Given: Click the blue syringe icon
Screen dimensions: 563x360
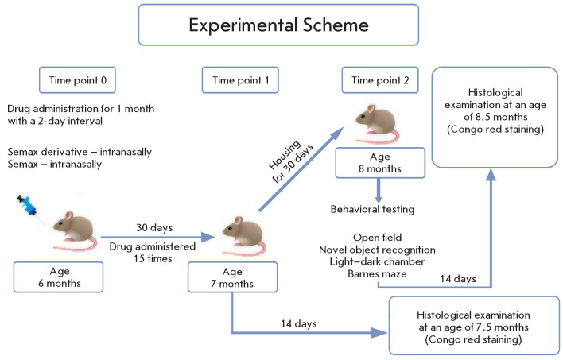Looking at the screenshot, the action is click(28, 206).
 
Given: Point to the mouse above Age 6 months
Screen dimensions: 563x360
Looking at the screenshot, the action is click(75, 231).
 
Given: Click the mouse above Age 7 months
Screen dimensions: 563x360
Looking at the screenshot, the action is click(244, 236).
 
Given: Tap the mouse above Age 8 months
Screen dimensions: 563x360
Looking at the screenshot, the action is click(377, 124).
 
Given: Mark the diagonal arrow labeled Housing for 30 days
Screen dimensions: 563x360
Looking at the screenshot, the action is click(301, 168).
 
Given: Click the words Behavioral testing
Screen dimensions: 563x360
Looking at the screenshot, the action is click(372, 209).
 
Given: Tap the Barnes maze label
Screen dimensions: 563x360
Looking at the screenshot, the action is click(377, 274).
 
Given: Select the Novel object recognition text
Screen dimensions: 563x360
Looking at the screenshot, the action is click(377, 250).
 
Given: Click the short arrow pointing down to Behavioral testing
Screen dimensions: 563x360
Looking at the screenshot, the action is click(379, 191).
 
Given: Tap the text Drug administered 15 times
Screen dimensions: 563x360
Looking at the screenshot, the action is click(153, 253).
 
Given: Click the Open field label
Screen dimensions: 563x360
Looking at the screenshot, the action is click(378, 238).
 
